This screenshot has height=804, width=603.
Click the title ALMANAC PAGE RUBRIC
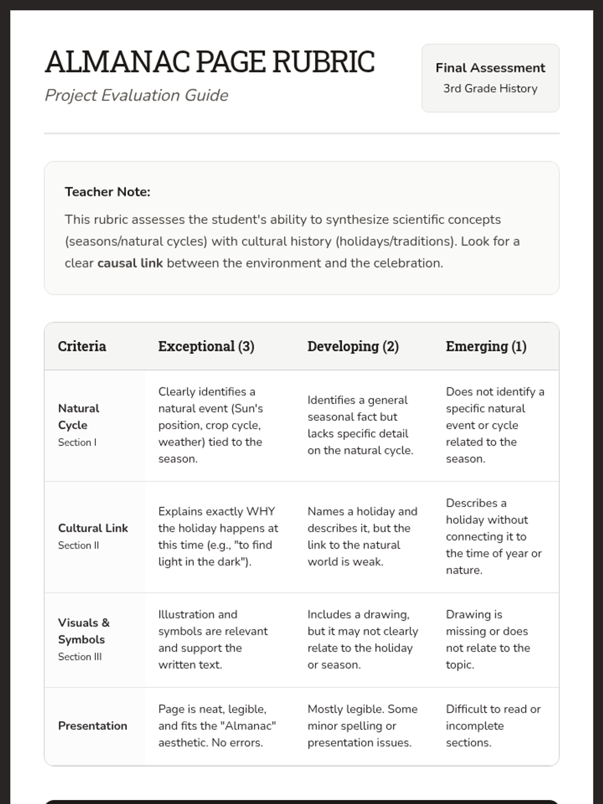[210, 62]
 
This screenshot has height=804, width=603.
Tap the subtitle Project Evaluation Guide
[136, 95]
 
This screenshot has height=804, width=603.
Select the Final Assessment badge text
[490, 68]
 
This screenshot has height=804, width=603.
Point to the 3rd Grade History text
[490, 88]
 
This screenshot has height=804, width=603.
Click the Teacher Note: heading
[108, 192]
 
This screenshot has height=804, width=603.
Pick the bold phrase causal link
[130, 263]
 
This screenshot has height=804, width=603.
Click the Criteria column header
[82, 346]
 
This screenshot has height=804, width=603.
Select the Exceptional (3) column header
[206, 346]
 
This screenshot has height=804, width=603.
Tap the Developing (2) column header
[353, 346]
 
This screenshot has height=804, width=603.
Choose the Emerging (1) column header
[486, 346]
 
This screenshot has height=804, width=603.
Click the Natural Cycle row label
[78, 417]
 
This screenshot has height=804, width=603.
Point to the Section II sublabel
[78, 545]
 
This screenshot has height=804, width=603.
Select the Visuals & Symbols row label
[83, 631]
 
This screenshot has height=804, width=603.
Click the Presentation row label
[92, 726]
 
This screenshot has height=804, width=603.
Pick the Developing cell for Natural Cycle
[360, 425]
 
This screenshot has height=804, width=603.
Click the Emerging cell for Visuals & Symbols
[487, 640]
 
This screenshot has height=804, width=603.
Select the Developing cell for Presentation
[362, 726]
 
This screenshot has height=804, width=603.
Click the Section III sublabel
[79, 657]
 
